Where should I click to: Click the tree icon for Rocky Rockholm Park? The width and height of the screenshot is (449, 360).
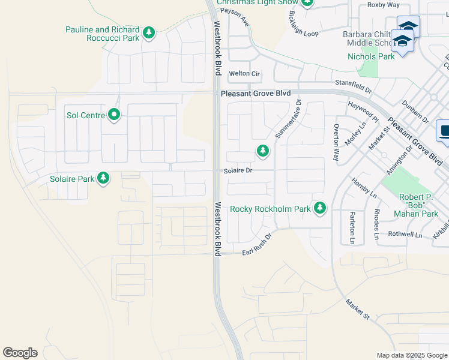(x=321, y=208)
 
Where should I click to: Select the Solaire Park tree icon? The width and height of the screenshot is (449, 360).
(x=104, y=178)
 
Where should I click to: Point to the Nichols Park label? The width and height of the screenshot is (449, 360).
(x=371, y=56)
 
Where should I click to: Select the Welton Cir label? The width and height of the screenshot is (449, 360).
(x=244, y=74)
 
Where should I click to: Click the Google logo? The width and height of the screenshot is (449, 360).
(x=20, y=353)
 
